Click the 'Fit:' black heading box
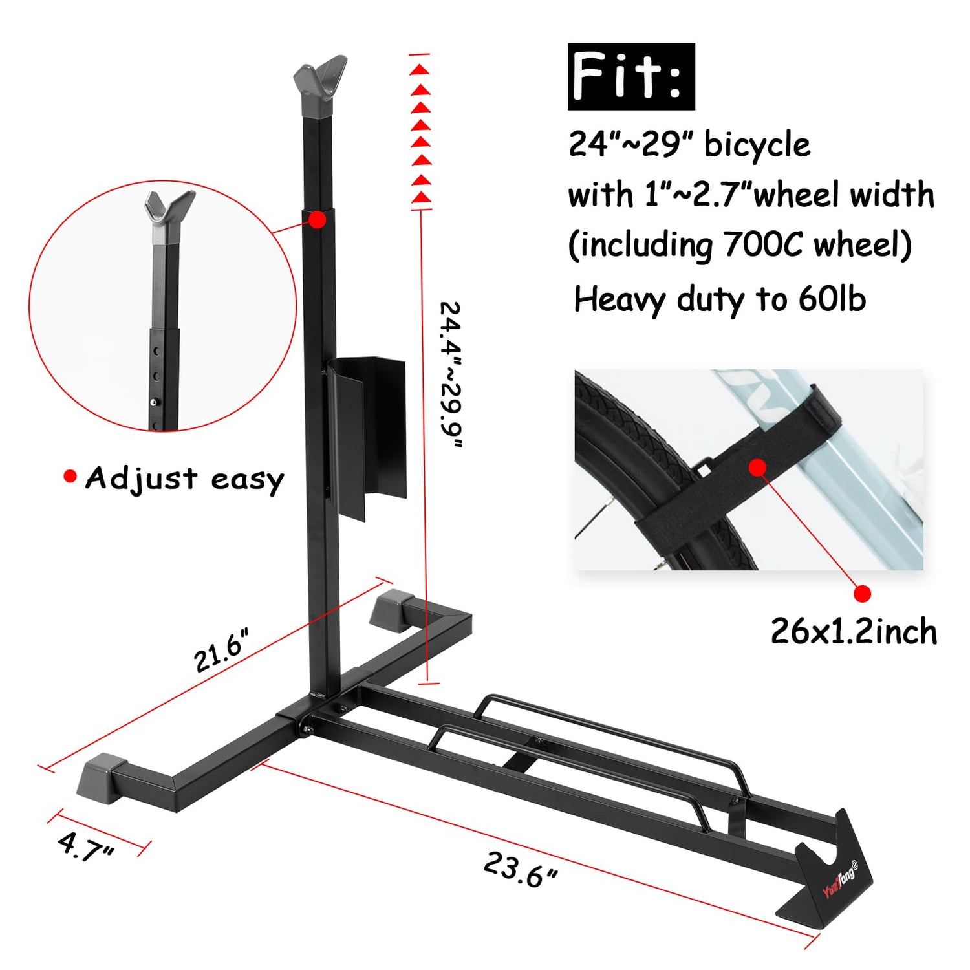pyautogui.click(x=630, y=76)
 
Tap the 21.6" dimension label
pyautogui.click(x=221, y=651)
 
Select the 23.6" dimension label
pyautogui.click(x=520, y=870)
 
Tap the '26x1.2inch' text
pyautogui.click(x=854, y=632)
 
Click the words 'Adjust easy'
pyautogui.click(x=185, y=479)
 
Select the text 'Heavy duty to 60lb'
pyautogui.click(x=720, y=299)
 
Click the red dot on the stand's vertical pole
pyautogui.click(x=317, y=220)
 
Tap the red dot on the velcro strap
pyautogui.click(x=758, y=467)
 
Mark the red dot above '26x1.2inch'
pyautogui.click(x=862, y=593)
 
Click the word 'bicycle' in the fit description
pyautogui.click(x=757, y=144)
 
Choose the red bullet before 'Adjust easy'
pyautogui.click(x=70, y=477)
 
